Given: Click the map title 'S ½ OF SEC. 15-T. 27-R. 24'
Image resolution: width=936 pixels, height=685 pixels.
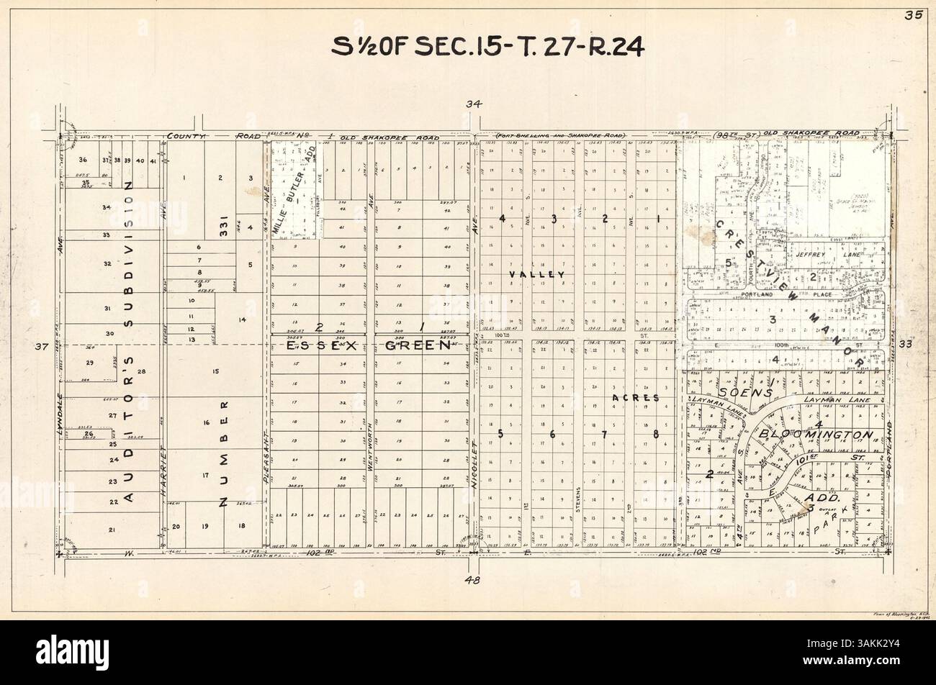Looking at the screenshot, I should click(487, 47).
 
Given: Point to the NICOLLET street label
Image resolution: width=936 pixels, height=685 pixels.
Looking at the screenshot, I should click(475, 465).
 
